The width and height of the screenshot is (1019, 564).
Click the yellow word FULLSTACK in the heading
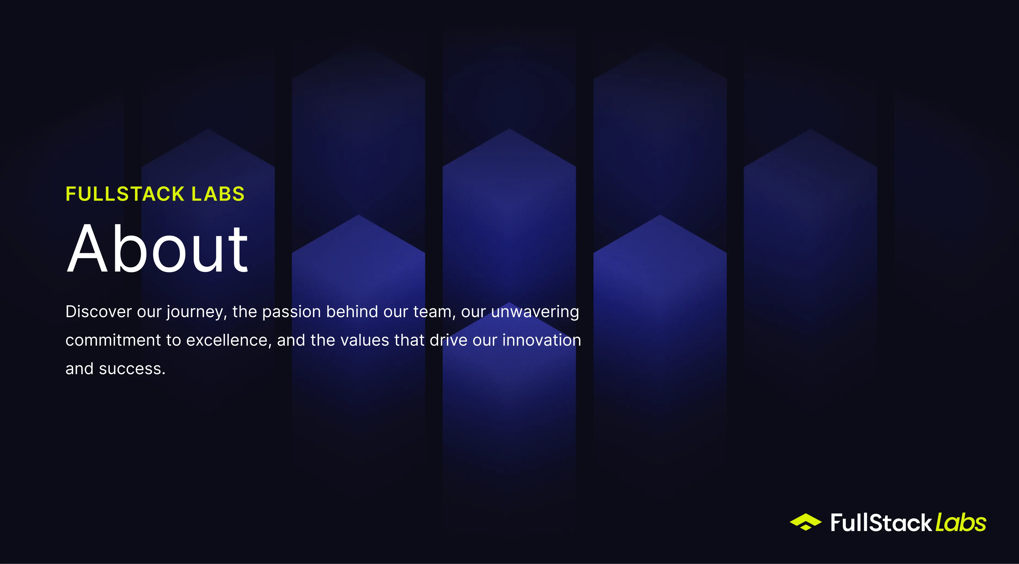click(125, 194)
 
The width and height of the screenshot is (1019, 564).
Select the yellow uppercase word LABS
click(218, 194)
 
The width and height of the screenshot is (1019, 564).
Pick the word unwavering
click(535, 312)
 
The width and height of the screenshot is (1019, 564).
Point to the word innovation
click(542, 340)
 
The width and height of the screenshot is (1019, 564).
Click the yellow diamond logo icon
click(805, 522)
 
